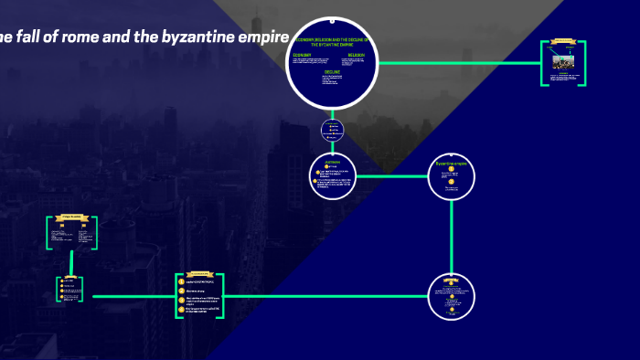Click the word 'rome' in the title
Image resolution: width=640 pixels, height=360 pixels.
[x=79, y=37]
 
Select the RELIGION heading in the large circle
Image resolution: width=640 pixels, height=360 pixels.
[x=357, y=56]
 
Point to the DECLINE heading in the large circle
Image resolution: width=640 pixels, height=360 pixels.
[x=331, y=71]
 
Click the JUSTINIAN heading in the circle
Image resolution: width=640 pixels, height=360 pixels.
[x=333, y=162]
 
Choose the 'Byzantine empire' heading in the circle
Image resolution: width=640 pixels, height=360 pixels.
[x=452, y=164]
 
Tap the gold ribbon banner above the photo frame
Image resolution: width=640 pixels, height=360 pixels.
[x=563, y=42]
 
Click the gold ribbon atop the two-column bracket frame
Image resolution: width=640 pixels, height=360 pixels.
[x=72, y=217]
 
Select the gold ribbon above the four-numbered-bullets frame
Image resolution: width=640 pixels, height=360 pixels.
[x=200, y=273]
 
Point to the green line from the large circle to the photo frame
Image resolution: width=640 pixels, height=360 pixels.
[x=457, y=63]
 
